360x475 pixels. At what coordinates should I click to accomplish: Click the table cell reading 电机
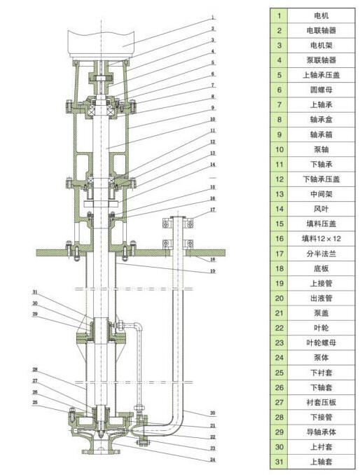tap(321, 15)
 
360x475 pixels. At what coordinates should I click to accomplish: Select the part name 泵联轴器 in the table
tap(321, 60)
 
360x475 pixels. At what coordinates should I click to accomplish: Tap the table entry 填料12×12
tap(321, 238)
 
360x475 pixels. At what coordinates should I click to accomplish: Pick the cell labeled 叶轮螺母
tap(321, 343)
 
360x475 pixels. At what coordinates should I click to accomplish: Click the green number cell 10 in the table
tap(279, 149)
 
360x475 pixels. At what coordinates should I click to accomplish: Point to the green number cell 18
tap(279, 268)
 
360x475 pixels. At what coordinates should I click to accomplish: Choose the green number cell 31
tap(279, 462)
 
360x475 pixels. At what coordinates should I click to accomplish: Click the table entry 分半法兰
tap(321, 254)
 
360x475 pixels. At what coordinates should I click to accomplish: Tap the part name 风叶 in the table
tap(321, 209)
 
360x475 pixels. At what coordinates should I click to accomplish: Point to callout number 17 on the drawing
tap(213, 209)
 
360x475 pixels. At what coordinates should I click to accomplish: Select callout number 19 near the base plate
tap(213, 271)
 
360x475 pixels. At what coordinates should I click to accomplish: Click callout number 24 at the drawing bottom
tap(213, 460)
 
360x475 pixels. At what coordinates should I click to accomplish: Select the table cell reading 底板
tap(321, 268)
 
